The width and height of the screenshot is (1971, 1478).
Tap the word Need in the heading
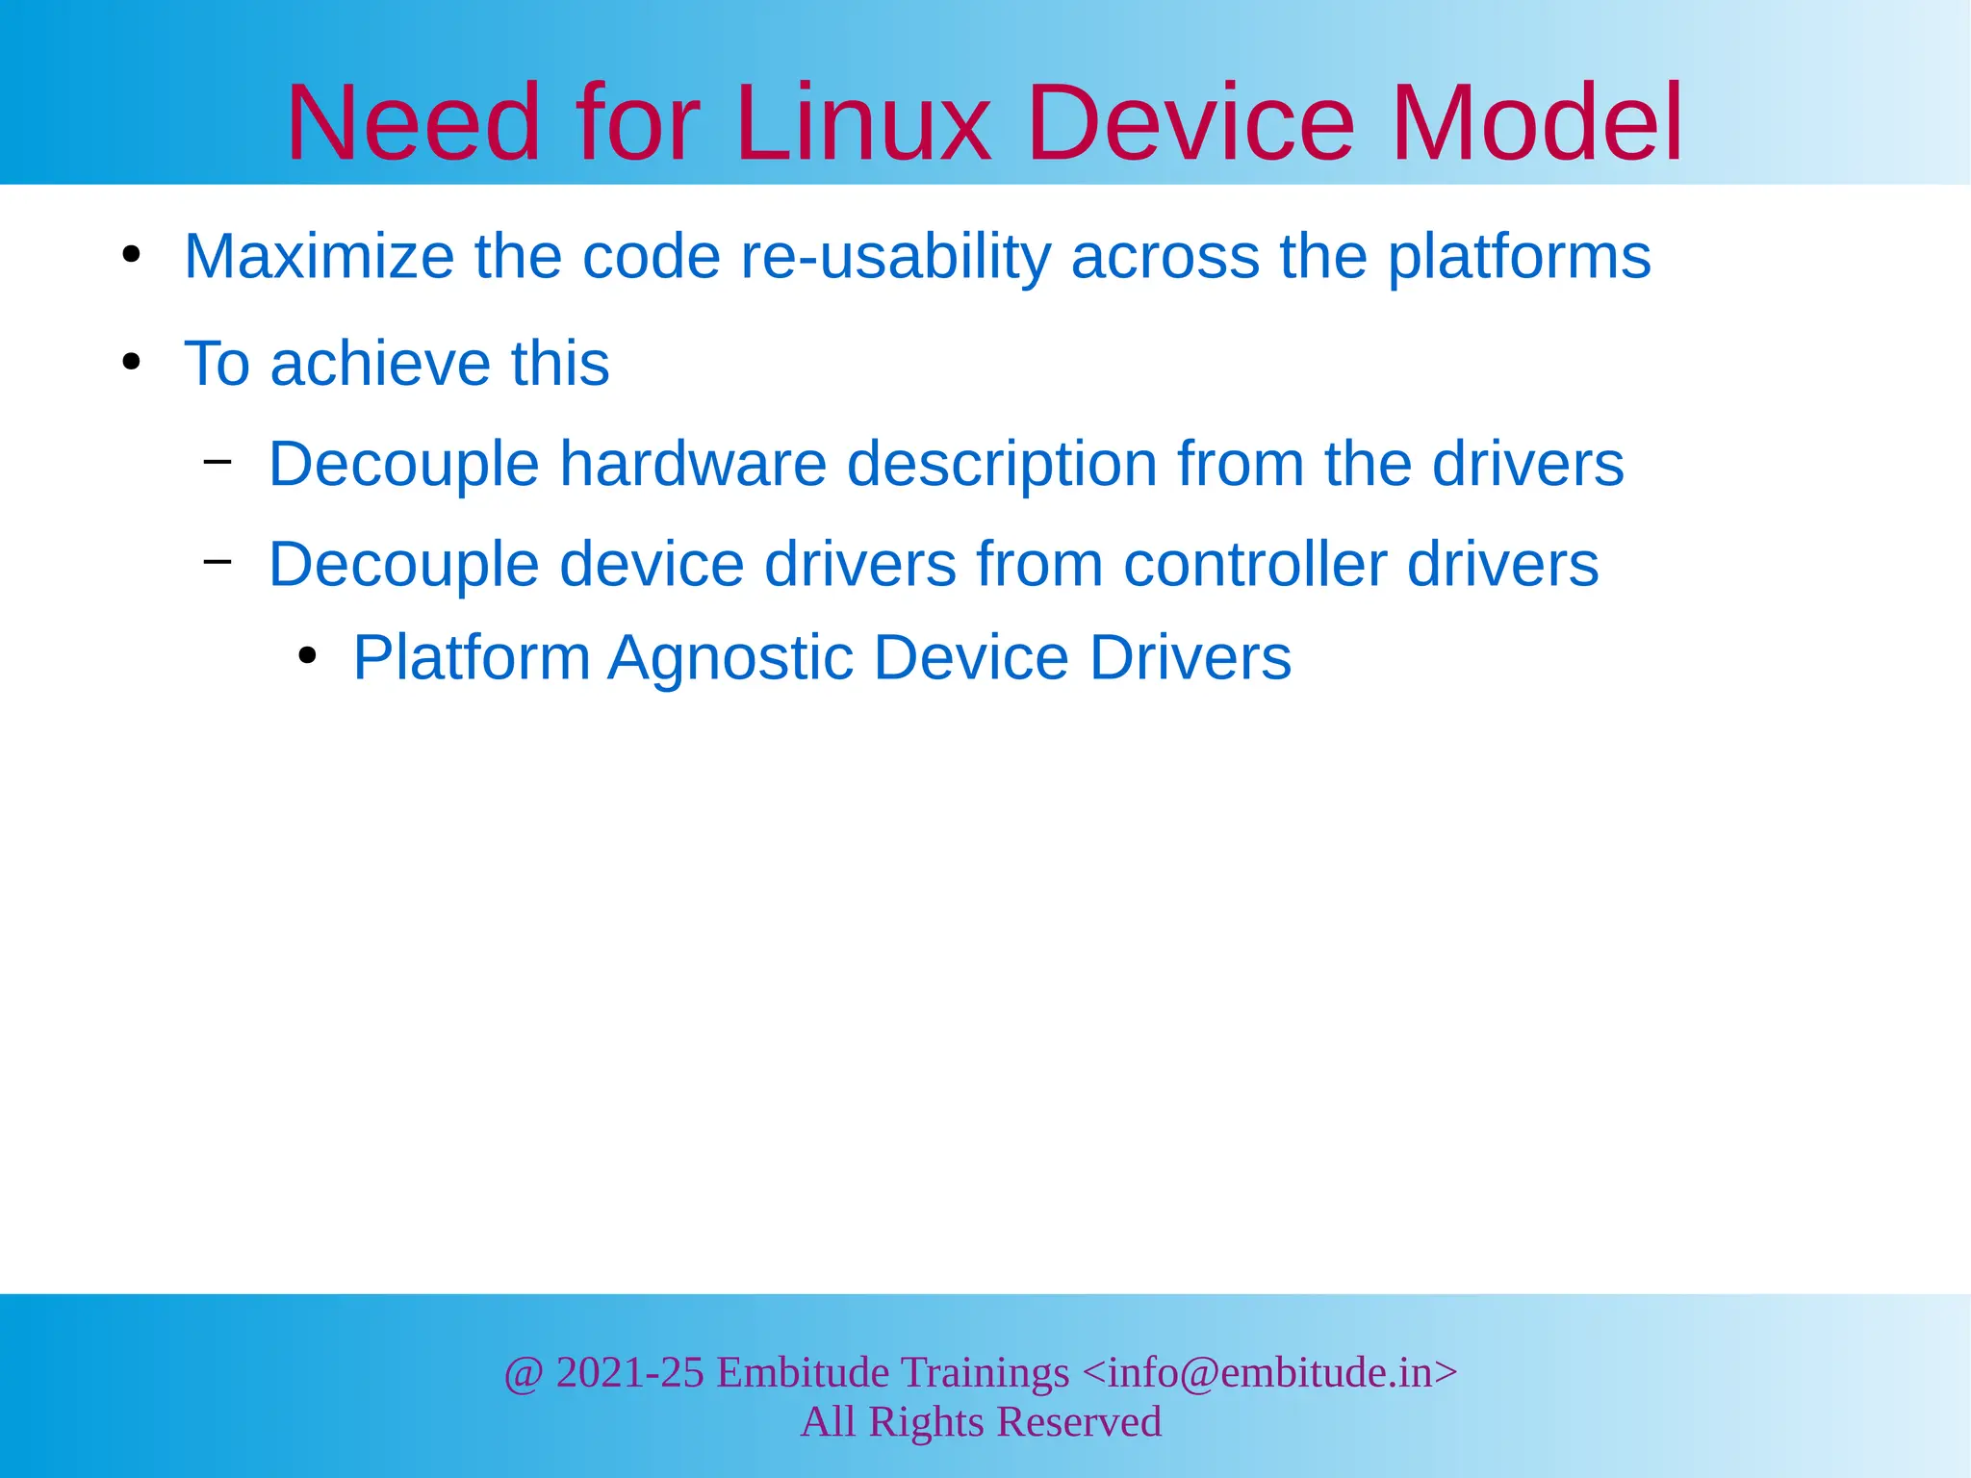tap(414, 123)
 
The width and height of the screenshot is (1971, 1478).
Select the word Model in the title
tap(1537, 123)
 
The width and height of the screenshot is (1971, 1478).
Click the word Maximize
tap(319, 257)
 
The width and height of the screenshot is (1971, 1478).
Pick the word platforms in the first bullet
tap(1519, 257)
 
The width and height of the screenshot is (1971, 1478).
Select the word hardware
tap(693, 464)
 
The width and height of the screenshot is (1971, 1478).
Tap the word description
tap(1002, 464)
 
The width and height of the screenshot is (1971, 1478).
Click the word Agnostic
tap(730, 658)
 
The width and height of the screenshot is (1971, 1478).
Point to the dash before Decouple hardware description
tap(218, 461)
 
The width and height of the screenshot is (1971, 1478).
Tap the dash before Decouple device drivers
tap(218, 561)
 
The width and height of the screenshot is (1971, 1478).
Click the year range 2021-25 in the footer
tap(629, 1372)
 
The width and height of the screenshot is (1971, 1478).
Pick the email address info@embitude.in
tap(1269, 1372)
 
